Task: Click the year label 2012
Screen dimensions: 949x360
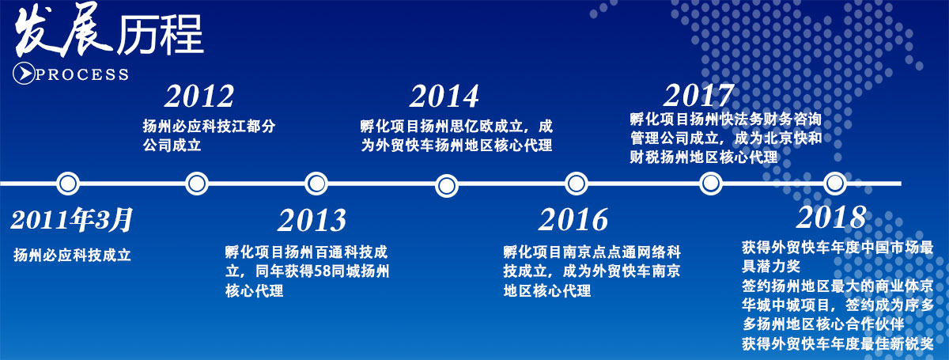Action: point(199,97)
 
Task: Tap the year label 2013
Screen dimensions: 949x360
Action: point(312,220)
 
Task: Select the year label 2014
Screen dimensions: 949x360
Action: point(444,97)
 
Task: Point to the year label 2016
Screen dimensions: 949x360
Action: point(573,220)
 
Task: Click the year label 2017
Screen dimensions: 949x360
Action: point(698,96)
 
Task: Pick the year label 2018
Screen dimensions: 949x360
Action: point(831,218)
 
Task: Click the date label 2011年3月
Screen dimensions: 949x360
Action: point(72,220)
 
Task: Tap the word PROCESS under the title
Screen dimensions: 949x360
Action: point(82,74)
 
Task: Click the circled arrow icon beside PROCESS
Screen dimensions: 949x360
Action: point(24,74)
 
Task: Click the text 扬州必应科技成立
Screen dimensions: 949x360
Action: point(73,256)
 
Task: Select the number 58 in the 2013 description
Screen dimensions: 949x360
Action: point(322,271)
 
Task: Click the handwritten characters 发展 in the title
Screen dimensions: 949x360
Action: point(63,31)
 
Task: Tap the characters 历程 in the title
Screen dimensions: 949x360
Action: point(160,35)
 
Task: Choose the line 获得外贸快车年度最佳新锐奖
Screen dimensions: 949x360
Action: point(837,343)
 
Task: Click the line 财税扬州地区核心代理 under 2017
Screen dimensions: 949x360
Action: point(704,157)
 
